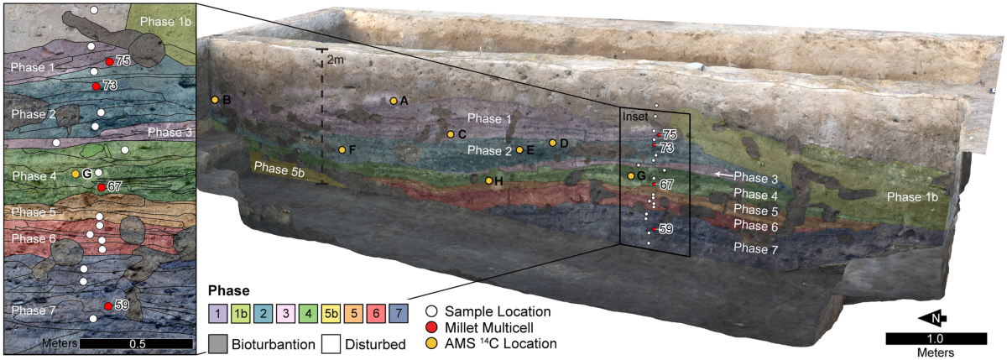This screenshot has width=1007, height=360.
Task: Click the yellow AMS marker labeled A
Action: tap(394, 101)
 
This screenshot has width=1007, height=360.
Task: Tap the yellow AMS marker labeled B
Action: tap(215, 100)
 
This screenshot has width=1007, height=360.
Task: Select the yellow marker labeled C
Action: tap(451, 134)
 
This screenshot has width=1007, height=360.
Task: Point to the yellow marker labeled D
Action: tap(552, 143)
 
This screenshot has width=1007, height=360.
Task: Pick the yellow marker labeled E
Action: tap(520, 150)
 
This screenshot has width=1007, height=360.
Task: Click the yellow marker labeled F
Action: tap(342, 149)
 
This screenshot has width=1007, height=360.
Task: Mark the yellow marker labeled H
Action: tap(488, 180)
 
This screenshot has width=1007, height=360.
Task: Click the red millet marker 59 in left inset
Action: tap(108, 306)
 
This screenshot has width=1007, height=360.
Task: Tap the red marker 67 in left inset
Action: tap(101, 187)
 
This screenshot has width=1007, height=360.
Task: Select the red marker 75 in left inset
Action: tap(109, 61)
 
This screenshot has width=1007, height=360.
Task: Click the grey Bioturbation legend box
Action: tap(217, 342)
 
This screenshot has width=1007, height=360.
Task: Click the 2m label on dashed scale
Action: tap(336, 60)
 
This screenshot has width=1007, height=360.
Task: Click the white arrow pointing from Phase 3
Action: tap(723, 174)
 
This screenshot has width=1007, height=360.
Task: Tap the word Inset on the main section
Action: tap(634, 117)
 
